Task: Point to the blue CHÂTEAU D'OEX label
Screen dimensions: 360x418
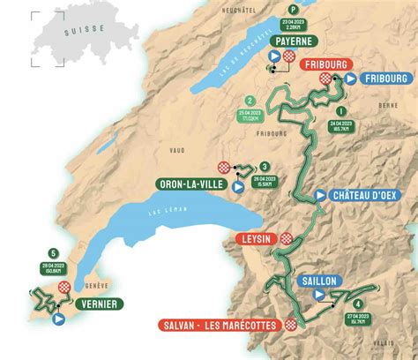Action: (368, 196)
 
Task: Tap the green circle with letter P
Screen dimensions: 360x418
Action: (281, 11)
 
